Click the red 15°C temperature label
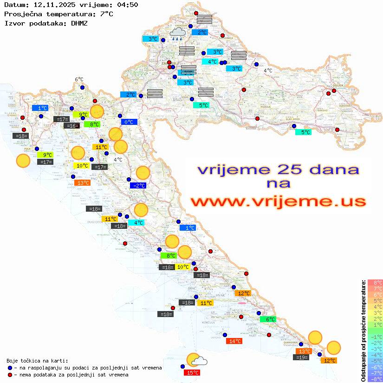pyautogui.click(x=193, y=373)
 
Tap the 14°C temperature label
pyautogui.click(x=234, y=341)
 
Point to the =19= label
pyautogui.click(x=302, y=357)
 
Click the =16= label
pyautogui.click(x=71, y=126)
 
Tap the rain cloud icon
pyautogui.click(x=177, y=33)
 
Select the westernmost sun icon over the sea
pyautogui.click(x=23, y=161)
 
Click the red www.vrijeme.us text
pyautogui.click(x=278, y=201)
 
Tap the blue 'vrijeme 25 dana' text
pyautogui.click(x=278, y=169)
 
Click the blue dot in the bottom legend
pyautogui.click(x=10, y=368)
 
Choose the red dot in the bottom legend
pyautogui.click(x=10, y=375)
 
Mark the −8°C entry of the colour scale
pyautogui.click(x=375, y=379)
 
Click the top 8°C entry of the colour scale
pyautogui.click(x=375, y=283)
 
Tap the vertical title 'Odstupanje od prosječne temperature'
pyautogui.click(x=363, y=331)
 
